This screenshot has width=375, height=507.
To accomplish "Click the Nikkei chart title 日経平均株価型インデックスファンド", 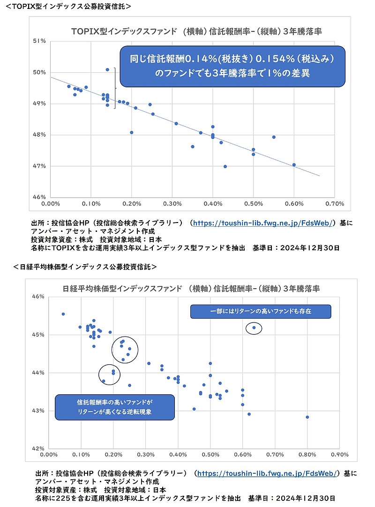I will [x=192, y=288].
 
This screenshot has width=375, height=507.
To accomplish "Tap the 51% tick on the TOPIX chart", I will [x=39, y=41].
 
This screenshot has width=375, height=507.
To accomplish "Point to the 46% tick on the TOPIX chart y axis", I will [x=39, y=197].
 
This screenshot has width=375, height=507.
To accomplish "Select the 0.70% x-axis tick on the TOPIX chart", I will [x=334, y=204].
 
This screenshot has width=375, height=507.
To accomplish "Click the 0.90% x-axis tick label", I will [x=339, y=454].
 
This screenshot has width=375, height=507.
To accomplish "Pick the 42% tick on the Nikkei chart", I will [x=38, y=448].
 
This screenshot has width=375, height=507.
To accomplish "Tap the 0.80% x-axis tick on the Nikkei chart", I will [x=307, y=454].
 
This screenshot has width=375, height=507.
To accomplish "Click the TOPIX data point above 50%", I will [x=107, y=69].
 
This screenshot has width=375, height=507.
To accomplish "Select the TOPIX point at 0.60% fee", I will [x=294, y=165].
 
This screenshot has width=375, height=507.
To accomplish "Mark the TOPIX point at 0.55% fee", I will [x=274, y=137].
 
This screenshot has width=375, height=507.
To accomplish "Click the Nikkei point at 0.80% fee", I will [x=307, y=417].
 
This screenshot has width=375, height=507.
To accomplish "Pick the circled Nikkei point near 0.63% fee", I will [x=254, y=328].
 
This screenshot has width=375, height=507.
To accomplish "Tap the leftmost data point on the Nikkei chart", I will [x=63, y=314].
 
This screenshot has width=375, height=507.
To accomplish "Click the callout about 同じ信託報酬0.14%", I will [x=232, y=66].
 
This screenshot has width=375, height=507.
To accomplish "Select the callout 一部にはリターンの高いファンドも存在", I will [x=261, y=311].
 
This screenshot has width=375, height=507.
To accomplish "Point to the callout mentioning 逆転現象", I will [x=115, y=407].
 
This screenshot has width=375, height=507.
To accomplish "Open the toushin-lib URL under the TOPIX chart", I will [x=264, y=223].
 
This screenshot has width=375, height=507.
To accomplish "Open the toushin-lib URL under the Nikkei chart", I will [x=266, y=474].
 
